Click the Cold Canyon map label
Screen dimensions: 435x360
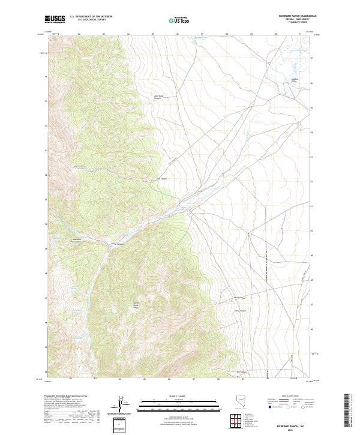coord(162,178)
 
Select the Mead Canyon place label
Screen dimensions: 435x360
coord(241,310)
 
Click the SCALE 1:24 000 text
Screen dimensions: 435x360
coord(172,396)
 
